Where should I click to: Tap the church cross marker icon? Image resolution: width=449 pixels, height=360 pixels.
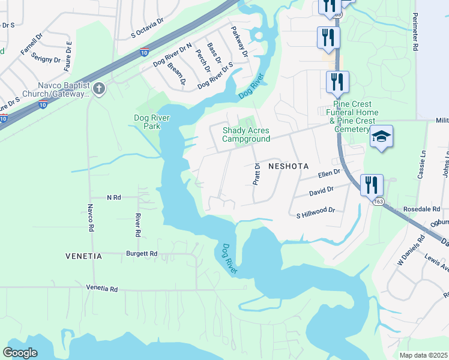[99, 89]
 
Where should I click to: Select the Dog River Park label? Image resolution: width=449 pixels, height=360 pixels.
[147, 122]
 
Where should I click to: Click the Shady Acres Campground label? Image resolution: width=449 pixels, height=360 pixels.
[246, 134]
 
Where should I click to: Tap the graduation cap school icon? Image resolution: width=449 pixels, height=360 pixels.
[381, 137]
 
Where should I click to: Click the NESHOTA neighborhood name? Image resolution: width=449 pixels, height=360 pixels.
[288, 165]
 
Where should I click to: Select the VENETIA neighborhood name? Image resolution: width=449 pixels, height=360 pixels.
[83, 256]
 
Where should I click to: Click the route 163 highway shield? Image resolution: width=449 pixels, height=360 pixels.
[377, 202]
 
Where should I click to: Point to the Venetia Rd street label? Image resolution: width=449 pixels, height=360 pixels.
[102, 289]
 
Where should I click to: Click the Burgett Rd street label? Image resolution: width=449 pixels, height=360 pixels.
[142, 254]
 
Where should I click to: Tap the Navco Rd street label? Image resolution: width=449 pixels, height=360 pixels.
[91, 218]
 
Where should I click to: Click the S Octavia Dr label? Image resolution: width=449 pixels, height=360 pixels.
[148, 29]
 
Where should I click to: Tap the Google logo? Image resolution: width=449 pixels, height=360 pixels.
[20, 353]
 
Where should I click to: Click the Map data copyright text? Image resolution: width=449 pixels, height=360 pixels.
[423, 355]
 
